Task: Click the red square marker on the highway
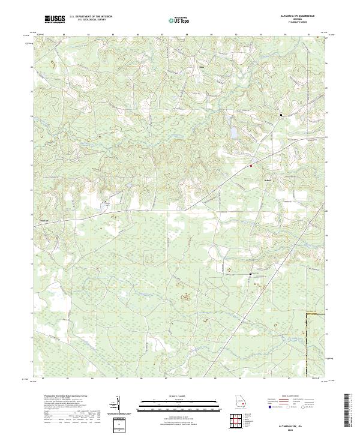pyautogui.click(x=251, y=165)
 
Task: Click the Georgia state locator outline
pyautogui.click(x=241, y=404)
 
